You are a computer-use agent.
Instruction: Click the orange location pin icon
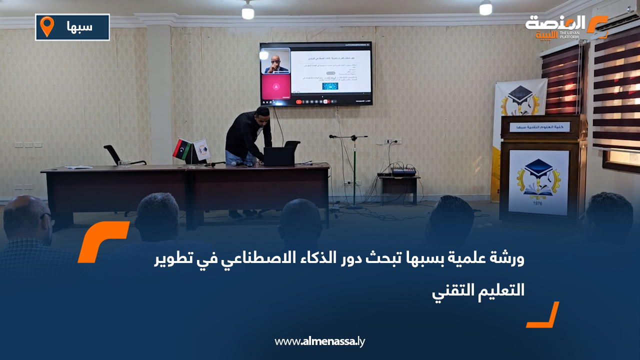click(x=47, y=26)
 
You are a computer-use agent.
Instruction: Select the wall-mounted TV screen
click(x=315, y=73)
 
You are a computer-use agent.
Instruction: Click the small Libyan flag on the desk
click(x=181, y=149)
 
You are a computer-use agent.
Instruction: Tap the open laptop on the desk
click(x=280, y=155)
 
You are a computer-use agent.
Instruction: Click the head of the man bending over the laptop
click(x=262, y=114)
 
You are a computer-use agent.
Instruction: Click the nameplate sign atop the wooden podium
click(x=539, y=127)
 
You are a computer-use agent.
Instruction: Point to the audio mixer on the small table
click(x=403, y=172)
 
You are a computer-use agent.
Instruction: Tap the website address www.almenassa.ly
click(x=320, y=341)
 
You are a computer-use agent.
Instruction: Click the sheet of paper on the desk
click(x=78, y=167)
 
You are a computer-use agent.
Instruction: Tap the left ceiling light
click(x=248, y=11)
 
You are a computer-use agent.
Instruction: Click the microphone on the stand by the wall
click(x=333, y=136)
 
